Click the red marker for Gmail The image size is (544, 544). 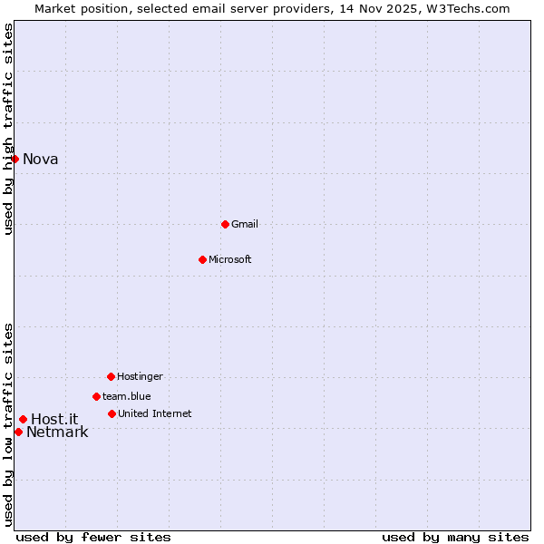[x=225, y=224]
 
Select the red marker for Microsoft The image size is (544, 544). [x=202, y=259]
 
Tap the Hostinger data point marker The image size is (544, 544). [x=111, y=376]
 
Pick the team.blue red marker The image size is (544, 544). [x=96, y=396]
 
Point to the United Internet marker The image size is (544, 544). [x=112, y=413]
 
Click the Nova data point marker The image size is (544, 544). [x=15, y=159]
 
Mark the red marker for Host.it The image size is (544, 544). [x=23, y=419]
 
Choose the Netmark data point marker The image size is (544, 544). [x=18, y=432]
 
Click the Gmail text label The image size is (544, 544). [x=245, y=224]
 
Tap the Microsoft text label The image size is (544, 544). [x=229, y=259]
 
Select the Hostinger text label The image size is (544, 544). [x=140, y=376]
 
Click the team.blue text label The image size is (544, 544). [x=126, y=396]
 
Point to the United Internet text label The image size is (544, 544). [x=154, y=413]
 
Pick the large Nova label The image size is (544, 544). [x=40, y=160]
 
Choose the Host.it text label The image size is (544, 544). [x=54, y=419]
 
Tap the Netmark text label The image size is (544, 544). [x=57, y=432]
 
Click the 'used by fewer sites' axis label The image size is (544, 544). [x=93, y=537]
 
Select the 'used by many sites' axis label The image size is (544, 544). [x=455, y=537]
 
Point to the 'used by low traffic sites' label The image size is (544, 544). [x=9, y=424]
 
